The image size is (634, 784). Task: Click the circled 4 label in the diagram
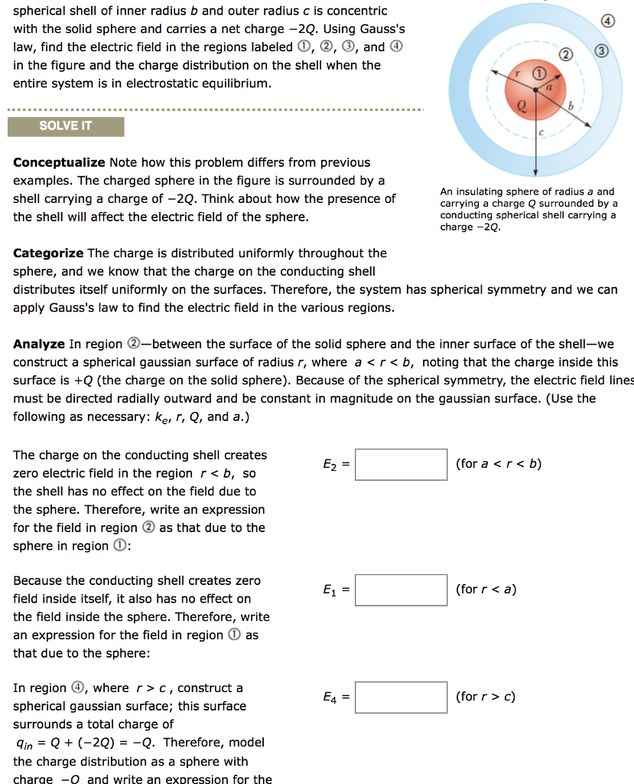pos(609,21)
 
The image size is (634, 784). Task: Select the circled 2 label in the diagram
pos(564,55)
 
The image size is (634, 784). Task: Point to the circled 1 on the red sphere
pos(540,73)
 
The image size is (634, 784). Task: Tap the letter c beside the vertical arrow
pos(541,132)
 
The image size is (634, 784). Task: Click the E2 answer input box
pos(402,465)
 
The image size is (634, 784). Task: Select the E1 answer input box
pos(402,590)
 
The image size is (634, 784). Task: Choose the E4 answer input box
pos(402,697)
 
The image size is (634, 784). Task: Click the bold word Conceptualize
pos(59,162)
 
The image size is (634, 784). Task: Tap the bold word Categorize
pos(49,253)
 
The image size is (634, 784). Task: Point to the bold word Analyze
pos(39,344)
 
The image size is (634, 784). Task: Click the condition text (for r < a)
pos(486,590)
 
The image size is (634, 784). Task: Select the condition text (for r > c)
pos(486,697)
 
